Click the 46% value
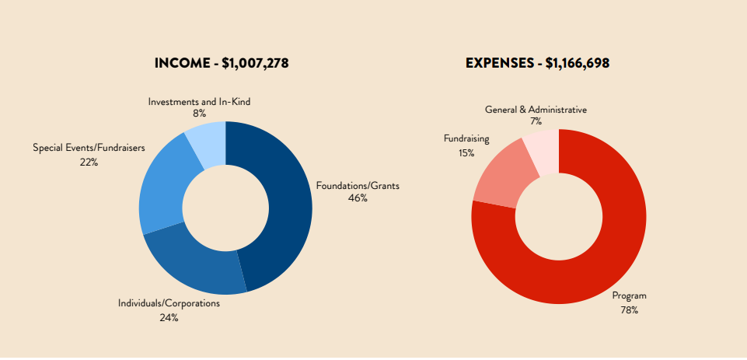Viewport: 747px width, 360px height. [x=358, y=198]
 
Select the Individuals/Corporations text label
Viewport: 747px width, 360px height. [x=169, y=303]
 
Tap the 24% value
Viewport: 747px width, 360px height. [x=169, y=317]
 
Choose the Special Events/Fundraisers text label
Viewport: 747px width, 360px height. [x=89, y=148]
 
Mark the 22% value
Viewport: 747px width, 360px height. [x=89, y=162]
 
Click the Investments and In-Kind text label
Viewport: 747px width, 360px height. [x=200, y=102]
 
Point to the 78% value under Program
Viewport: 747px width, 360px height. [x=629, y=309]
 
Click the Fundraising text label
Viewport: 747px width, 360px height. [x=466, y=139]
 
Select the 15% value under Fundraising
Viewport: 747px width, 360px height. [x=466, y=152]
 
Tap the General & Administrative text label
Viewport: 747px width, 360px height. [x=536, y=110]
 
